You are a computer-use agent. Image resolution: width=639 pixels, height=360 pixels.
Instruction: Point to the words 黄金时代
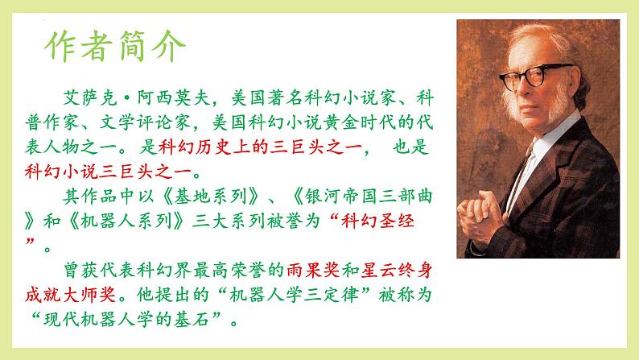(338, 124)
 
